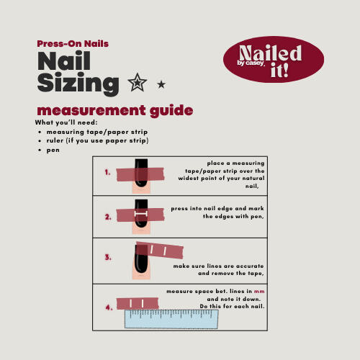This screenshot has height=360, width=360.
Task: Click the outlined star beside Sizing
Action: pos(138,83)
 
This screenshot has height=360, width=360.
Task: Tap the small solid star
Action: pos(161,84)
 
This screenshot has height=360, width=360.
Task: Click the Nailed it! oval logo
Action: pos(274,60)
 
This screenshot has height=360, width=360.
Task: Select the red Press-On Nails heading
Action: pos(73,44)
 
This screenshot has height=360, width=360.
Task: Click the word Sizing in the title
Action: pos(78,84)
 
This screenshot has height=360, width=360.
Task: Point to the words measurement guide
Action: pos(115,111)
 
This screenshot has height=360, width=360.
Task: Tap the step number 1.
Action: pos(107,172)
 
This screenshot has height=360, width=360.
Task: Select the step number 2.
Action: pos(108,217)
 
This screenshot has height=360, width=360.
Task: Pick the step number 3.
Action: pos(108,257)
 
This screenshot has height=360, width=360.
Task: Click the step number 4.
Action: pos(109,307)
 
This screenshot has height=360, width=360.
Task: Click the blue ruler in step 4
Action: pos(171,319)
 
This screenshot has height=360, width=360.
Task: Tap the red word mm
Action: pos(259,292)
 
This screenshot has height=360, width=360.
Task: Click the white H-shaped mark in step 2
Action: pos(141,214)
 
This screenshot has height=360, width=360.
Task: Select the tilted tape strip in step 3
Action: pos(160,251)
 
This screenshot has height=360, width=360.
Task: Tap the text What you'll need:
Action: pos(66,122)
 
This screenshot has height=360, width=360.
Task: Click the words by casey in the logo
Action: pos(251,63)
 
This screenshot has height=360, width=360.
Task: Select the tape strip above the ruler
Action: pos(138,303)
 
